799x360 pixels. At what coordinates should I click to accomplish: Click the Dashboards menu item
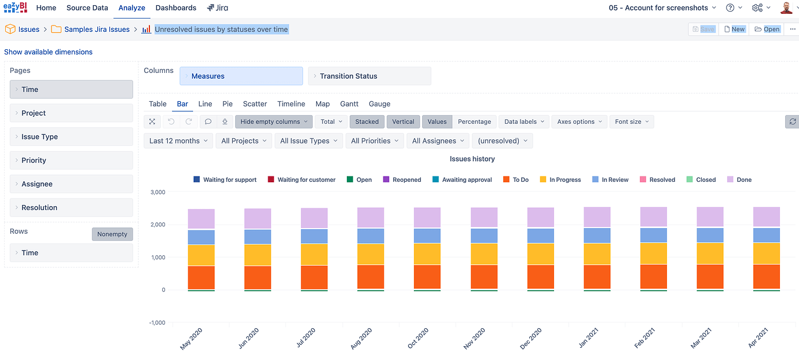pyautogui.click(x=175, y=8)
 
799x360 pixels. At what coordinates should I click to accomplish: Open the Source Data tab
pyautogui.click(x=87, y=8)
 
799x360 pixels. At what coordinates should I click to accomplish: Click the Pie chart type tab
pyautogui.click(x=228, y=104)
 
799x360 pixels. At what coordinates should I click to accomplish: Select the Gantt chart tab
pyautogui.click(x=349, y=104)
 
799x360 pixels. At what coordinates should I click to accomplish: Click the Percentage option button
pyautogui.click(x=474, y=122)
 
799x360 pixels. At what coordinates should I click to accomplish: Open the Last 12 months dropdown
pyautogui.click(x=178, y=141)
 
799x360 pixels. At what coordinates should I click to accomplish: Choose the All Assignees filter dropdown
pyautogui.click(x=437, y=141)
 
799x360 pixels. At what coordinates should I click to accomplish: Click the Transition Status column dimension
pyautogui.click(x=369, y=76)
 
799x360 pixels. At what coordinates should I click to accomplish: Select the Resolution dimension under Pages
pyautogui.click(x=71, y=208)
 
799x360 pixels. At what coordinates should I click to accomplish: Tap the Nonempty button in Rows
pyautogui.click(x=112, y=234)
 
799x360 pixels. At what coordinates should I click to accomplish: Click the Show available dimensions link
pyautogui.click(x=48, y=52)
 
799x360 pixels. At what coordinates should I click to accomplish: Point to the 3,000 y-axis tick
pyautogui.click(x=157, y=192)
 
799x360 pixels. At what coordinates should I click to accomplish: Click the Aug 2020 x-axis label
pyautogui.click(x=363, y=338)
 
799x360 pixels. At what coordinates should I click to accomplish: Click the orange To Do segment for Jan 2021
pyautogui.click(x=597, y=277)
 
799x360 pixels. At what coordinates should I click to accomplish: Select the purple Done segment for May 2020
pyautogui.click(x=201, y=219)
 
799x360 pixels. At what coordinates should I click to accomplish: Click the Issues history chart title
pyautogui.click(x=472, y=159)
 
